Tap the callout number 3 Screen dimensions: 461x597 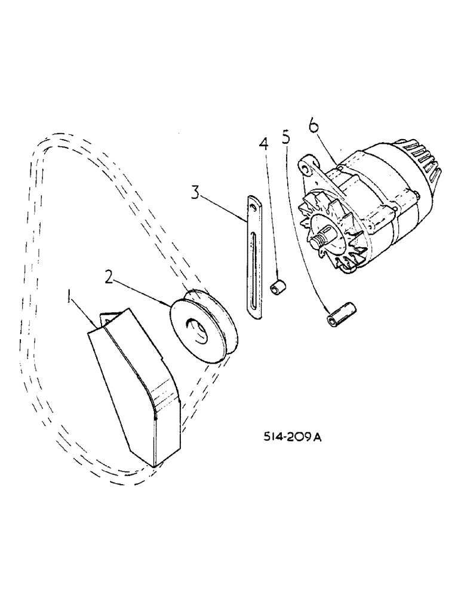point(195,192)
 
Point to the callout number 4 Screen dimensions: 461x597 point(264,144)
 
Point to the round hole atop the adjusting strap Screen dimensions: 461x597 point(256,207)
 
